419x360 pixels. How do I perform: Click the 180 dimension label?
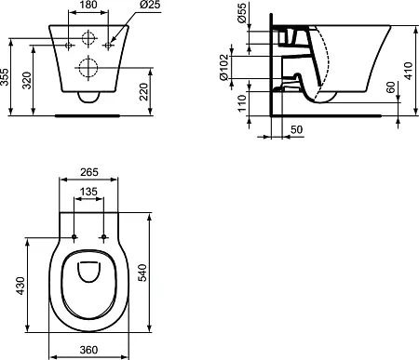point(88,5)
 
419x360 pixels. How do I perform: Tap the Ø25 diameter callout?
point(150,5)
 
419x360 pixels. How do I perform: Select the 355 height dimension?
point(5,77)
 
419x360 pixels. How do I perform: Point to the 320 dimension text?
point(27,80)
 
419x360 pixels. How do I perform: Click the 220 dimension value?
point(144,92)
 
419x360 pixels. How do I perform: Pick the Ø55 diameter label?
point(242,13)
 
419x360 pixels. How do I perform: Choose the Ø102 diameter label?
point(224,67)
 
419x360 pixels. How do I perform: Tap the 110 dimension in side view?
point(242,103)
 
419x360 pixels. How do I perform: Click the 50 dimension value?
point(296,129)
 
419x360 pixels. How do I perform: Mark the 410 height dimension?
point(409,71)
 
